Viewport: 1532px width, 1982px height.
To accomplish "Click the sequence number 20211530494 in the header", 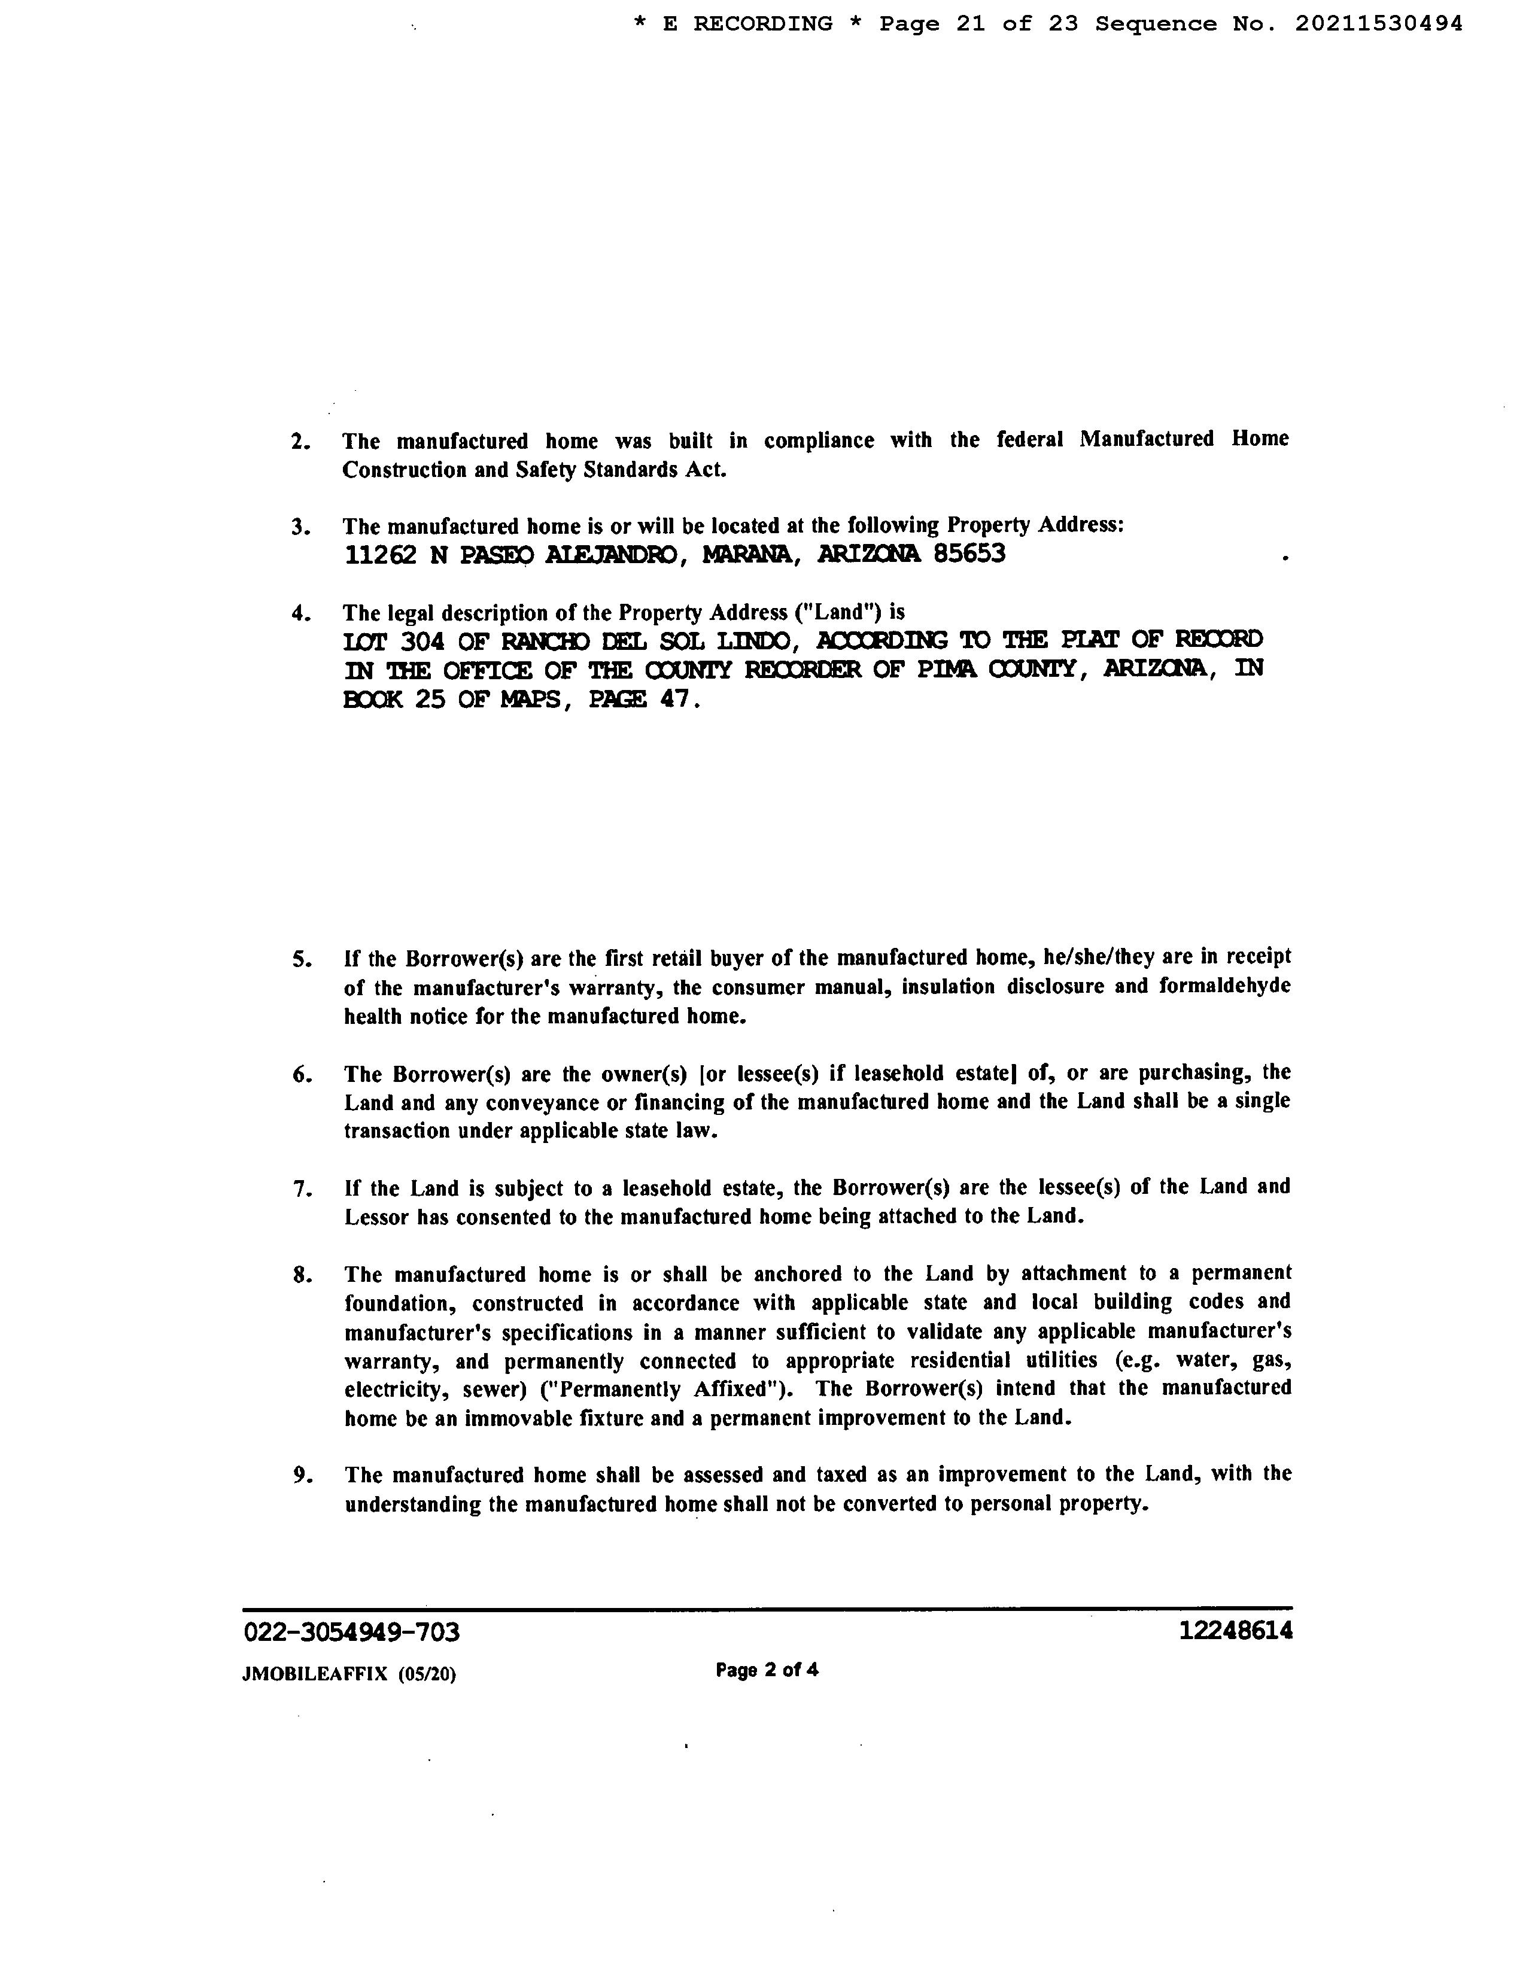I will [x=1378, y=25].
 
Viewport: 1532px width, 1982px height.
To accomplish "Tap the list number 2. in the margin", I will [x=300, y=442].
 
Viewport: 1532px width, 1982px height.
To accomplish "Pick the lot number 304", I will [x=422, y=642].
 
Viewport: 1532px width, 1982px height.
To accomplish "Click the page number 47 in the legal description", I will [x=676, y=700].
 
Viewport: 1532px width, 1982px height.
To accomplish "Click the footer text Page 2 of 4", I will [x=767, y=1669].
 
